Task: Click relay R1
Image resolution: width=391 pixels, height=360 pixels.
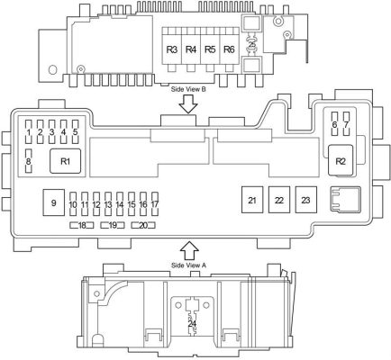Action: pos(65,161)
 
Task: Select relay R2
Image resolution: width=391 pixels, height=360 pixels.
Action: pos(341,160)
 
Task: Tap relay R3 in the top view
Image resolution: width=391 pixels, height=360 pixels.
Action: pos(172,49)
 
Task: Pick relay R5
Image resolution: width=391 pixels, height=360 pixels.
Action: pos(210,49)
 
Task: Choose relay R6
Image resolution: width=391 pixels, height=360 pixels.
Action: pos(230,49)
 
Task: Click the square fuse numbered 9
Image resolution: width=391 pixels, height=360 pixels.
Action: pos(54,202)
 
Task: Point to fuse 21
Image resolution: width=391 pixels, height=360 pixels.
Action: pos(252,200)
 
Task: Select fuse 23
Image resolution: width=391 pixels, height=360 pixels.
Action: pos(305,200)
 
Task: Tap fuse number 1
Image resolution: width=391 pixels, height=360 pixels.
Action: pos(29,131)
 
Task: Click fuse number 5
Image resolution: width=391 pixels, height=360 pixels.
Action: pos(76,131)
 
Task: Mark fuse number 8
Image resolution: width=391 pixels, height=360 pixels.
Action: pos(29,161)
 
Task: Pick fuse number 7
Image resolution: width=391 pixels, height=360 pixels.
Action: pos(346,124)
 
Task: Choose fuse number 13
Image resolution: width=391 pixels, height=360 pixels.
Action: pos(108,204)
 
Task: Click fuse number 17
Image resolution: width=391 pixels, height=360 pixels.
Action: pos(155,204)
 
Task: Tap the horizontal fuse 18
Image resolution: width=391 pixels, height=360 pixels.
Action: pos(82,225)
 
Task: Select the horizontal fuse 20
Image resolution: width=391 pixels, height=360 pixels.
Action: pos(143,225)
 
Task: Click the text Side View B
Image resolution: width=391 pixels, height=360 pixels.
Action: pos(188,89)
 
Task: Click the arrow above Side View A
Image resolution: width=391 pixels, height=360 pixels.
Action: pos(189,250)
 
